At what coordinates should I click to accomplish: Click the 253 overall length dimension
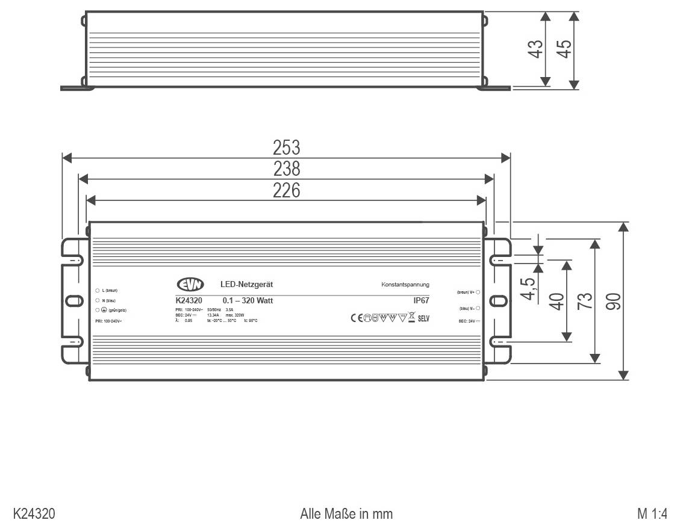(286, 147)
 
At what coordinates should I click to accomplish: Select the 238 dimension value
(286, 169)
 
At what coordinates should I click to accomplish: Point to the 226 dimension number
(286, 190)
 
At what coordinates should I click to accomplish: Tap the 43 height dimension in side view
(535, 48)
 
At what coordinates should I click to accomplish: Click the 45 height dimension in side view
(564, 48)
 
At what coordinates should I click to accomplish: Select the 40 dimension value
(557, 300)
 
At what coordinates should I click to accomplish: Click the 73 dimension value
(585, 300)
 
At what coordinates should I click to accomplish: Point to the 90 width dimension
(614, 300)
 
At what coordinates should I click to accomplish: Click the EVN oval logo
(190, 285)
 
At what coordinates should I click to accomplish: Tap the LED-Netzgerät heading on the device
(247, 284)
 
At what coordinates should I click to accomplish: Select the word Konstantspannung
(405, 285)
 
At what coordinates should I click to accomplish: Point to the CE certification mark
(357, 318)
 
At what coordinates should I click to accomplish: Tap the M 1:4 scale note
(652, 514)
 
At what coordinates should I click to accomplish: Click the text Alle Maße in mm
(346, 514)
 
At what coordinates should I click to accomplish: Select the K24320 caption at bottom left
(34, 514)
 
